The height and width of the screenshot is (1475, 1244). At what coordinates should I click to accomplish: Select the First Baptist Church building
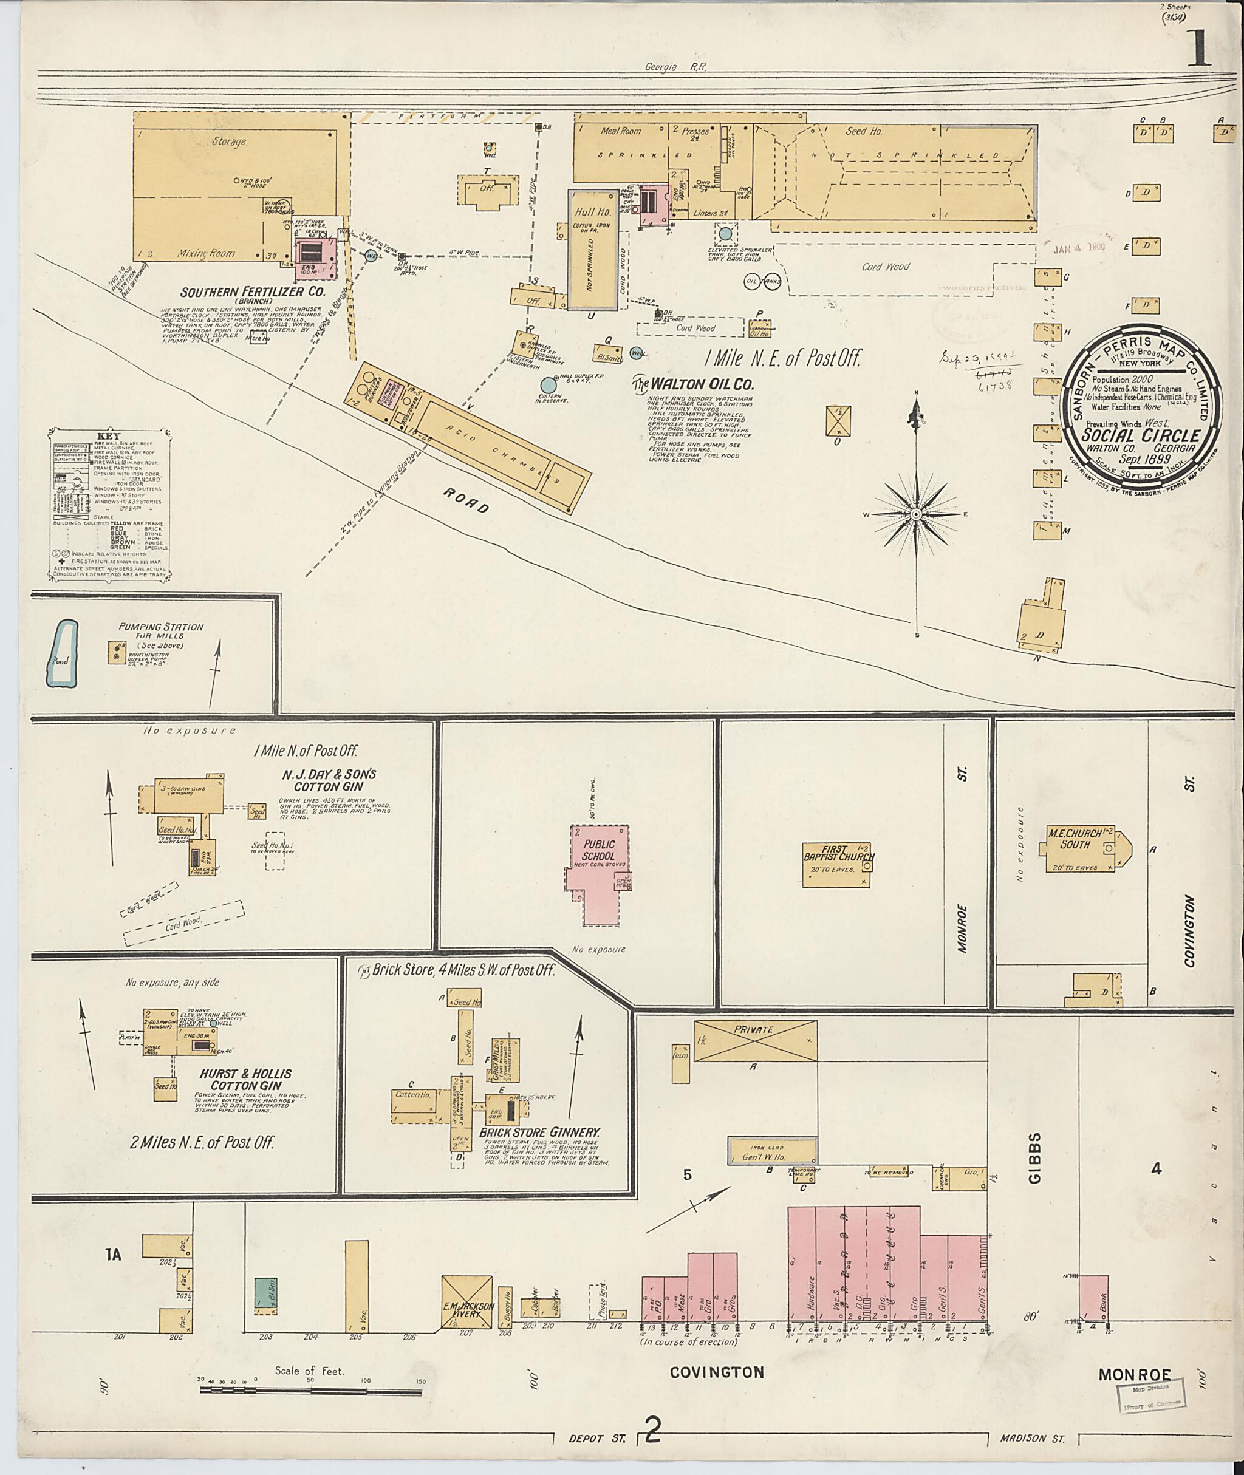click(838, 864)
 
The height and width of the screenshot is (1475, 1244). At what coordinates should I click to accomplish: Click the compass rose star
click(915, 516)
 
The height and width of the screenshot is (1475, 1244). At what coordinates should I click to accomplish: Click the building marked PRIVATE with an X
click(754, 1041)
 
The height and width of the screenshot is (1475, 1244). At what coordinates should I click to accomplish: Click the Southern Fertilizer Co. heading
click(242, 292)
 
